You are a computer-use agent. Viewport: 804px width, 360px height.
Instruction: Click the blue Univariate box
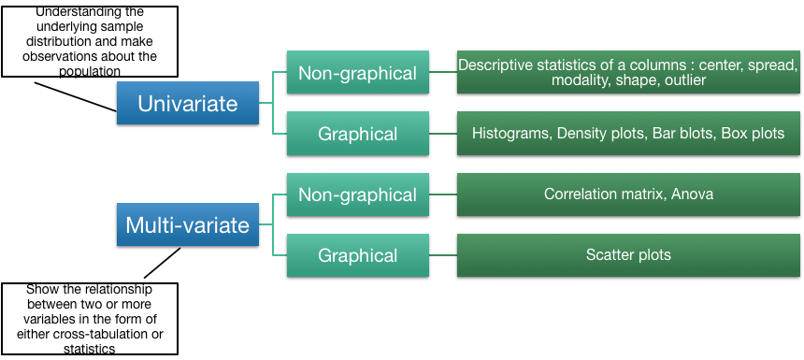coord(188,103)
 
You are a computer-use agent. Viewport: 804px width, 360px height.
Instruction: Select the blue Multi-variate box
coord(188,224)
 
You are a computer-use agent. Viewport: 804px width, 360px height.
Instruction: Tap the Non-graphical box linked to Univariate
coord(357,73)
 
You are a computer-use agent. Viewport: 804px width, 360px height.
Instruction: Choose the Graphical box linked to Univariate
coord(357,134)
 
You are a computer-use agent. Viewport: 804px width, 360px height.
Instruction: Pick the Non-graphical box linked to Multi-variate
coord(357,194)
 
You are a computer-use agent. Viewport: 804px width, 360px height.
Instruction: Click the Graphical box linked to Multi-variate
coord(357,255)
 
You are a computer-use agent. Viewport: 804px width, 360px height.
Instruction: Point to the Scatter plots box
coord(628,254)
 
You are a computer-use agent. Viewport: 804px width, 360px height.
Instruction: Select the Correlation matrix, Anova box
coord(628,194)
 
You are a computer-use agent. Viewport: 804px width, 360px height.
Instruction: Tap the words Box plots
coord(753,134)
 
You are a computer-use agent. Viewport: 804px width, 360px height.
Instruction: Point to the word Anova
coord(692,194)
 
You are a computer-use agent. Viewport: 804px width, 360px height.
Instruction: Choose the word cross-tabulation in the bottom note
coord(120,335)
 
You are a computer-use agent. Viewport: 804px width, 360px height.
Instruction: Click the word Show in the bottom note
coord(42,291)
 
